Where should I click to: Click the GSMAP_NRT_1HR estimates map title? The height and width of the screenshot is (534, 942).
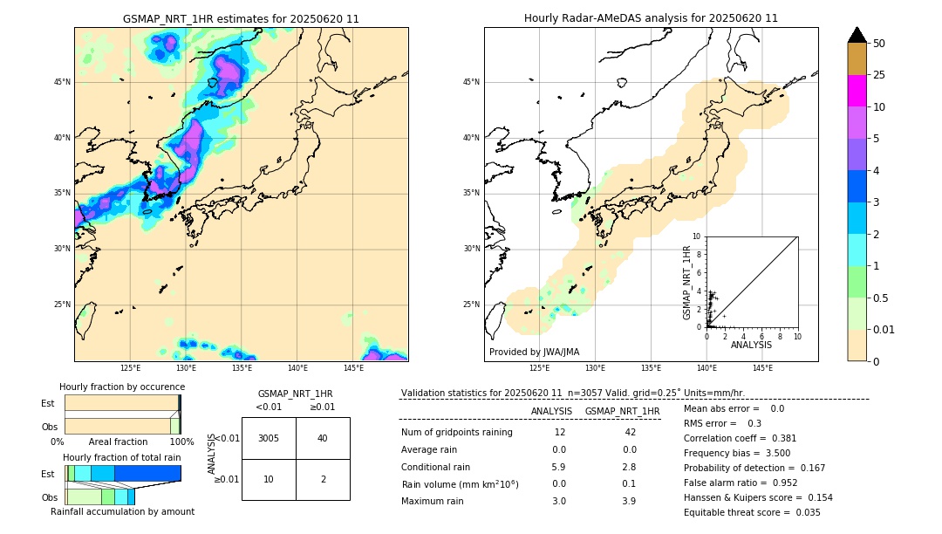tap(241, 18)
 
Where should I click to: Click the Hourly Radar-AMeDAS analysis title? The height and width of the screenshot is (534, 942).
tap(651, 18)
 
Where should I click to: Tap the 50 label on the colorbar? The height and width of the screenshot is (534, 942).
tap(879, 43)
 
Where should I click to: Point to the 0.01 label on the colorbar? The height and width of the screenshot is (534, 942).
tap(884, 328)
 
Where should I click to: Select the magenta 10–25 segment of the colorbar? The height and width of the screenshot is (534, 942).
tap(857, 91)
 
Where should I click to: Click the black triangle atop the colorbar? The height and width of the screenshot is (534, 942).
tap(857, 35)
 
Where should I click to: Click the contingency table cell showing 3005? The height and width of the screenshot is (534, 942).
tap(269, 438)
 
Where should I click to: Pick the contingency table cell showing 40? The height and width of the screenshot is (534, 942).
tap(323, 438)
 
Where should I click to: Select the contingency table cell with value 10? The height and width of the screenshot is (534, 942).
tap(269, 479)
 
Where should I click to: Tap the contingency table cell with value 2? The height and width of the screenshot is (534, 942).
tap(323, 479)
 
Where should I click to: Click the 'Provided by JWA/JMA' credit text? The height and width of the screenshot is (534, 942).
tap(534, 353)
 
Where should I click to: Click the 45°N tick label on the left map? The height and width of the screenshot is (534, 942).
tap(62, 82)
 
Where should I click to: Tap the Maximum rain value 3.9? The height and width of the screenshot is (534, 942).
tap(629, 501)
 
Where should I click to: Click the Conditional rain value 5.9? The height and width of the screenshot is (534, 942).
tap(559, 467)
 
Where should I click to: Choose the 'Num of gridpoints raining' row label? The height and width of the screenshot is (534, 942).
tap(457, 433)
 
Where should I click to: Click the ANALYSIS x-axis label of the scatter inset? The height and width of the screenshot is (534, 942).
tap(751, 345)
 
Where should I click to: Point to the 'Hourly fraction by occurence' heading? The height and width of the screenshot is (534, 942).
tap(122, 387)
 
